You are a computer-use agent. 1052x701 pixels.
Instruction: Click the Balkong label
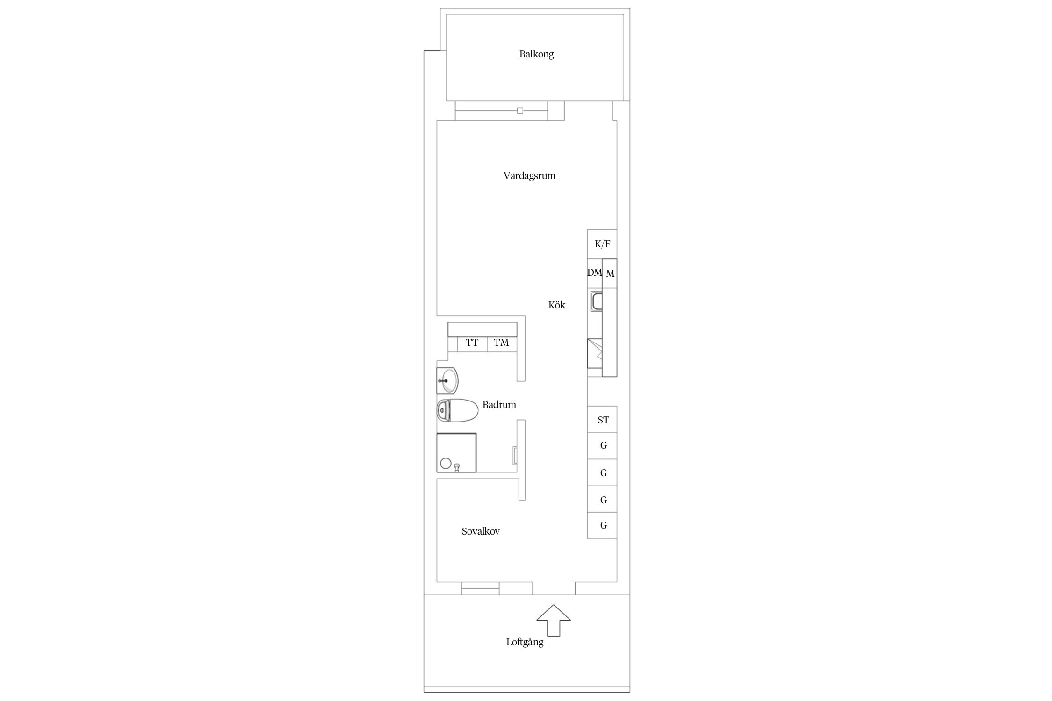(x=536, y=54)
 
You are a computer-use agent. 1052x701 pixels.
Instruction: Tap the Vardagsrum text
(x=529, y=176)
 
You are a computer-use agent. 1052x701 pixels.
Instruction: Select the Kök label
(x=557, y=305)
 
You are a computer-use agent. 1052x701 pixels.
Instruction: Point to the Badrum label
(x=499, y=405)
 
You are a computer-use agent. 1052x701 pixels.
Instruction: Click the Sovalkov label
(x=481, y=531)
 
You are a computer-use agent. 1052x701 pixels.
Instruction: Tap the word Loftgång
(x=525, y=642)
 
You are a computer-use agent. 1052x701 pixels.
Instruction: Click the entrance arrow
(x=554, y=620)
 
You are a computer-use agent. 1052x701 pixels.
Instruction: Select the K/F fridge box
(x=602, y=244)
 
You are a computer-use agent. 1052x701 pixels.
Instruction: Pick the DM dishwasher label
(x=595, y=272)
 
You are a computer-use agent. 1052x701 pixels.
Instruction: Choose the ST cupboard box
(x=602, y=419)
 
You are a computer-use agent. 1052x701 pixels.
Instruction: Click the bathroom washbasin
(x=447, y=381)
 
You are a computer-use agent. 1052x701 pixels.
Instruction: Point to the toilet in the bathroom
(x=457, y=410)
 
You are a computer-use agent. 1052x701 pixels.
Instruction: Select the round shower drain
(x=446, y=463)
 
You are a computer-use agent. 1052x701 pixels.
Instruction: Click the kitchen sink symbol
(x=597, y=301)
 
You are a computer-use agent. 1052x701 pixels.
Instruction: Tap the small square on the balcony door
(x=520, y=111)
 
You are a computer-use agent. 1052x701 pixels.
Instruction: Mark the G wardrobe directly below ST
(x=602, y=446)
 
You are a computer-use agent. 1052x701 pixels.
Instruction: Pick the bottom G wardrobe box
(x=602, y=526)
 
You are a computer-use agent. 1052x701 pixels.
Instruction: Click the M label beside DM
(x=610, y=274)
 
